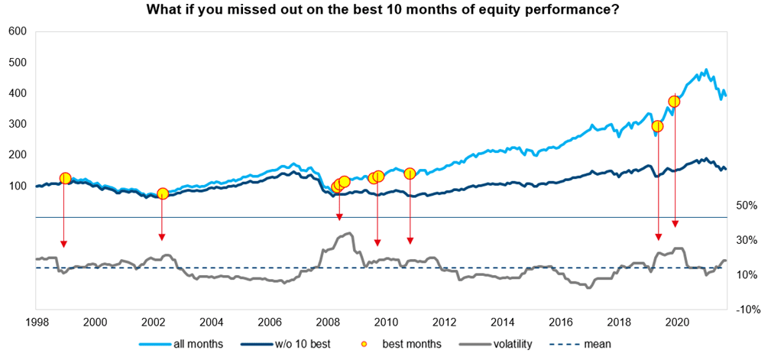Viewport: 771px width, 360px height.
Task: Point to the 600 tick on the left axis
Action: pyautogui.click(x=18, y=32)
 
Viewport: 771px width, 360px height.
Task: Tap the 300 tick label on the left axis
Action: pyautogui.click(x=18, y=124)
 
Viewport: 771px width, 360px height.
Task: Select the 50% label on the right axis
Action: pyautogui.click(x=746, y=206)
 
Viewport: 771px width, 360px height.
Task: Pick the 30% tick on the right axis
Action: pyautogui.click(x=746, y=240)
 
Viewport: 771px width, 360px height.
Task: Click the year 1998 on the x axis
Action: pyautogui.click(x=36, y=323)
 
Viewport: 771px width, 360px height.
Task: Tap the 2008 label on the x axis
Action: pyautogui.click(x=328, y=323)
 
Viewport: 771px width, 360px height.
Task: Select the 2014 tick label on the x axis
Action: pyautogui.click(x=502, y=323)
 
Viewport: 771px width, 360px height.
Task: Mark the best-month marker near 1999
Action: pyautogui.click(x=65, y=178)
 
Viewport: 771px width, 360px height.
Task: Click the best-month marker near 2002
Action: pyautogui.click(x=162, y=193)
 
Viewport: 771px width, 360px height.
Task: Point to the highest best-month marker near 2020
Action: pyautogui.click(x=674, y=102)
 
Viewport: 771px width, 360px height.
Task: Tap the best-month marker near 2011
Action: pyautogui.click(x=410, y=174)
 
